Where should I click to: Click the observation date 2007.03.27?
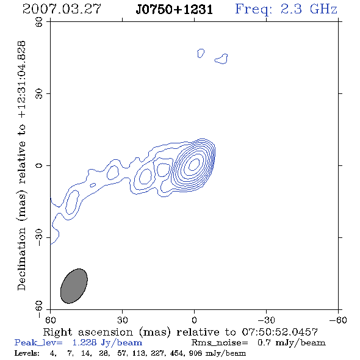[x=62, y=9]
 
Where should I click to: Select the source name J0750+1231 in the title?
[x=175, y=9]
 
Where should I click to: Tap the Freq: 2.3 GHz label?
[x=286, y=9]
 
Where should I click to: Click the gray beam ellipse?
[x=74, y=286]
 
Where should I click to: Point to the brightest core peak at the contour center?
[x=194, y=164]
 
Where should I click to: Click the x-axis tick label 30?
[x=123, y=320]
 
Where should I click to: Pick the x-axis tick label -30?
[x=266, y=320]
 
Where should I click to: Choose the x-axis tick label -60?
[x=338, y=320]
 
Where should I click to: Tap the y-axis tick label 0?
[x=39, y=165]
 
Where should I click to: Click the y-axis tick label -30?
[x=39, y=237]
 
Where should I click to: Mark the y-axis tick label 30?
[x=39, y=94]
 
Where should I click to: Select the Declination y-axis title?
[x=21, y=165]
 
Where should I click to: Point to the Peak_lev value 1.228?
[x=84, y=343]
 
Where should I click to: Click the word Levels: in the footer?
[x=27, y=353]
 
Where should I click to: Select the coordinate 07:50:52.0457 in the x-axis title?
[x=280, y=332]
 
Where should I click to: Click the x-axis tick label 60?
[x=50, y=320]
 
